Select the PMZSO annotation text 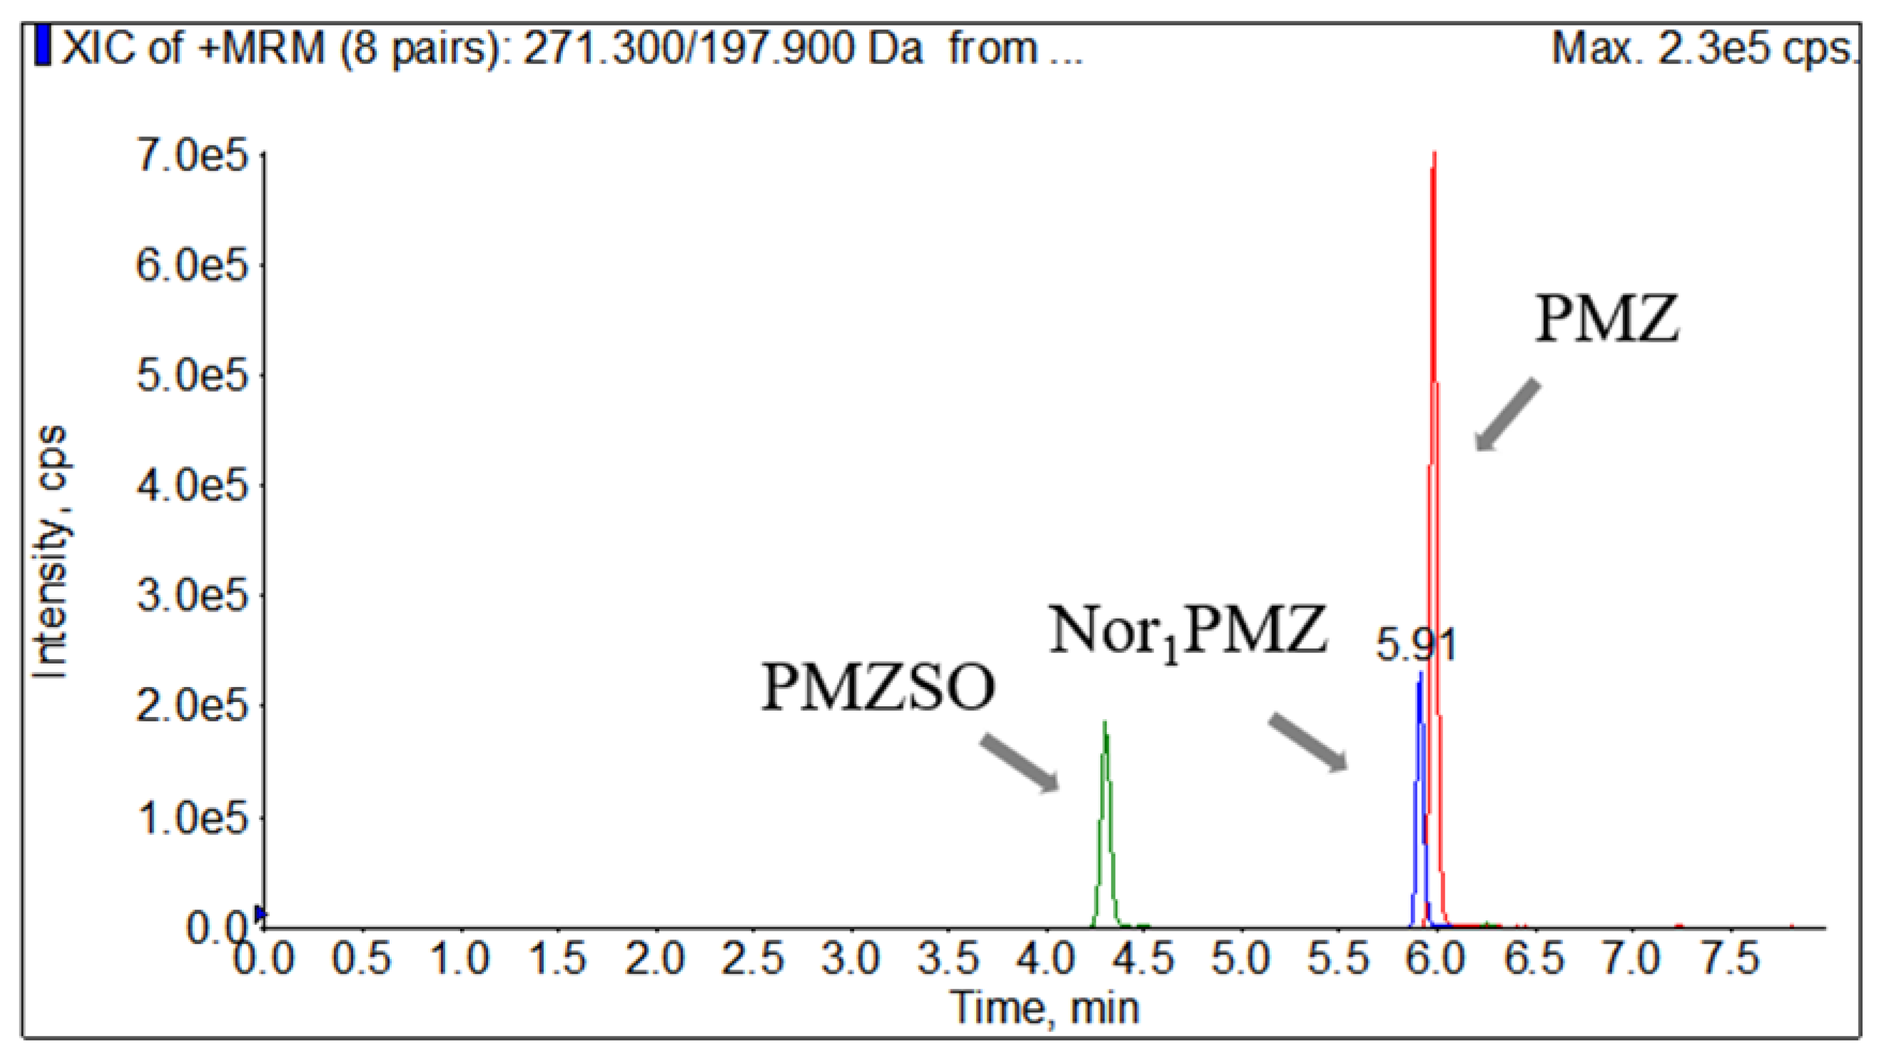[878, 688]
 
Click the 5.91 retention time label [1416, 645]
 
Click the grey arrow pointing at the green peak [1020, 762]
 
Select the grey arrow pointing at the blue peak [1308, 742]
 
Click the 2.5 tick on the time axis [753, 958]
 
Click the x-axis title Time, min [1045, 1008]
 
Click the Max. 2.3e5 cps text [1703, 50]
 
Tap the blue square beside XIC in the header [43, 45]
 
